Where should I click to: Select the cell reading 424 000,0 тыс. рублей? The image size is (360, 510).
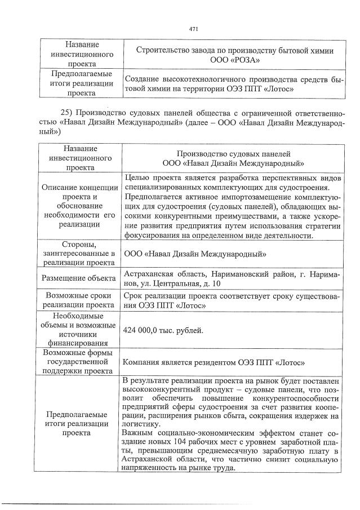163,330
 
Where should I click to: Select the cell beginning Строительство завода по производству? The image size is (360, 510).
235,55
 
